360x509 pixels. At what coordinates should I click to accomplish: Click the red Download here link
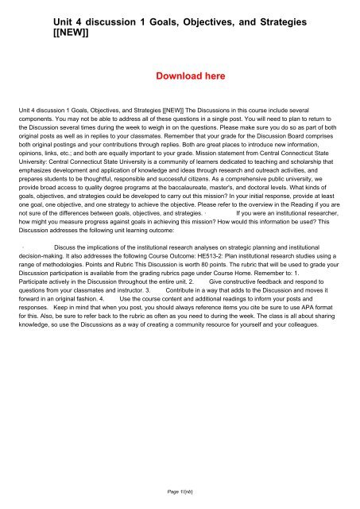point(180,77)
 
